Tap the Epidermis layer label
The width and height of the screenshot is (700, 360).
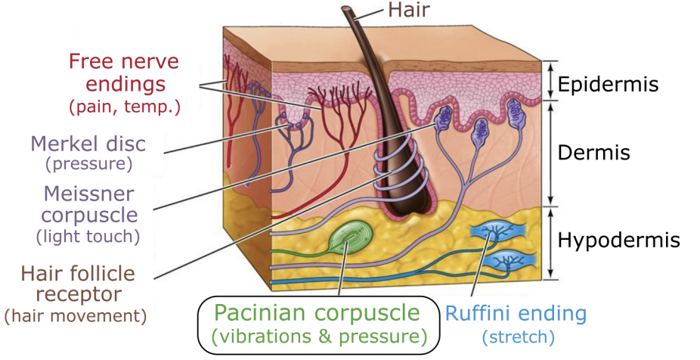click(x=609, y=83)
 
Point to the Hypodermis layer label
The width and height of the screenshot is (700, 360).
click(x=619, y=241)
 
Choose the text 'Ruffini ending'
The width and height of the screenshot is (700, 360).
click(x=516, y=313)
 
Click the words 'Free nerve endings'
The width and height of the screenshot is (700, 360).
click(x=124, y=71)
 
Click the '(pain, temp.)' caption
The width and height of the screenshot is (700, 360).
click(x=125, y=107)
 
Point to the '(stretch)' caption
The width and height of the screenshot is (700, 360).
click(x=516, y=336)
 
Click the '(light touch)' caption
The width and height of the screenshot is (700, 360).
click(x=88, y=236)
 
